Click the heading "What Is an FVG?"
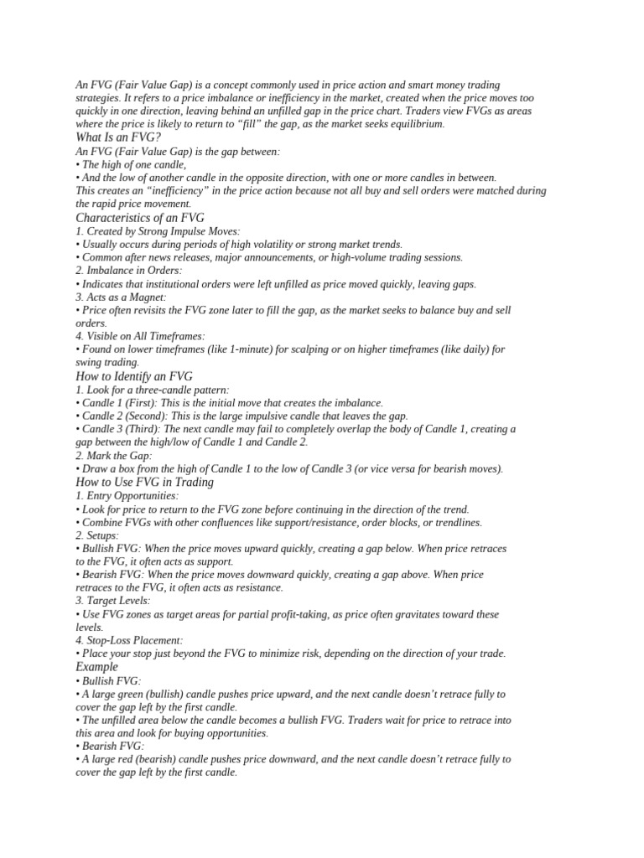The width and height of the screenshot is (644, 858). pos(117,137)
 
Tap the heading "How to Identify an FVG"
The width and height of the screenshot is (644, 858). pos(134,377)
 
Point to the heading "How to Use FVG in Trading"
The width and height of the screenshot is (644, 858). pos(144,483)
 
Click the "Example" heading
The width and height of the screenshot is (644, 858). pos(96,667)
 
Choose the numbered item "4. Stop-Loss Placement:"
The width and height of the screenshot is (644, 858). pos(128,640)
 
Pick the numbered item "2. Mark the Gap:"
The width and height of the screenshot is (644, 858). pos(114,456)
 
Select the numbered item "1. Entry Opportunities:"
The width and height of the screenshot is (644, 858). pos(127,496)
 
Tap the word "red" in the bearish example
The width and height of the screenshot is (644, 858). pos(136,759)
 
